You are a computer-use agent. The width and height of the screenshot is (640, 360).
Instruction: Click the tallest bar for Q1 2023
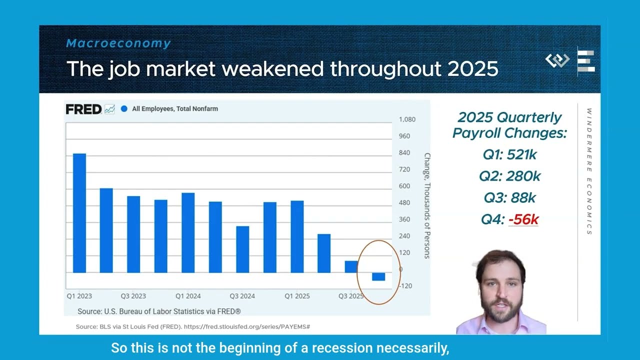79,213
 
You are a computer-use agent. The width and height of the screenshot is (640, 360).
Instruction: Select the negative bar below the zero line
378,276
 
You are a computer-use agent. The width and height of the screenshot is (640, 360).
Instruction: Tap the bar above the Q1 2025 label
297,237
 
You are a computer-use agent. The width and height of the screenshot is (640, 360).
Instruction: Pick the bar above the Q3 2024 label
242,249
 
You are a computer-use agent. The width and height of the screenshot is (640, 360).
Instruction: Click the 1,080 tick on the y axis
407,119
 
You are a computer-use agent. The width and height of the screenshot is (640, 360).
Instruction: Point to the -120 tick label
405,285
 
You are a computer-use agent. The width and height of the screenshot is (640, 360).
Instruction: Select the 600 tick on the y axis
404,186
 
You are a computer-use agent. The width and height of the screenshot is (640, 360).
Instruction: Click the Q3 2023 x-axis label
133,296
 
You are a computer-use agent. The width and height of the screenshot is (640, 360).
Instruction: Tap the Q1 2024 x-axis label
188,296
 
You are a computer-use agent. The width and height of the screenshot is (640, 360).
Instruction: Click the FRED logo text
83,109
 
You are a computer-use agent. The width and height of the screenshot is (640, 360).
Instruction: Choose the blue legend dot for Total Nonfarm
124,109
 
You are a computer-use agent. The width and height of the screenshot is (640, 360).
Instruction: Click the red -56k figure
523,219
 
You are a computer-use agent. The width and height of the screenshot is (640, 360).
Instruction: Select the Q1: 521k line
509,154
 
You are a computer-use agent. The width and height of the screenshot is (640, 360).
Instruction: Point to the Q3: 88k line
509,197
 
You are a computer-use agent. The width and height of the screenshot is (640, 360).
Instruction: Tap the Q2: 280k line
509,176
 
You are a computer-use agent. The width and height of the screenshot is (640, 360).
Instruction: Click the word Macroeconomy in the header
118,43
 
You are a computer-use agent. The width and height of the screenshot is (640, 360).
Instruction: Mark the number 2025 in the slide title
473,69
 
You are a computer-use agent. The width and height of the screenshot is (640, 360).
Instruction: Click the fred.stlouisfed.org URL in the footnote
247,326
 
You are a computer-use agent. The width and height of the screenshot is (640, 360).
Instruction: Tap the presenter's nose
501,293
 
